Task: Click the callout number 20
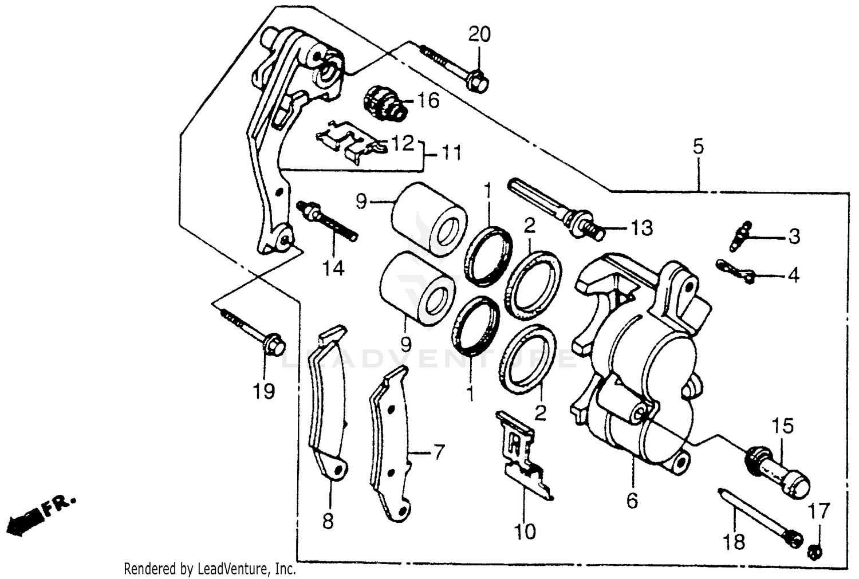point(479,35)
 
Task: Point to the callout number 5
point(698,147)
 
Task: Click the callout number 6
point(632,501)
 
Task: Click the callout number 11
point(451,153)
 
